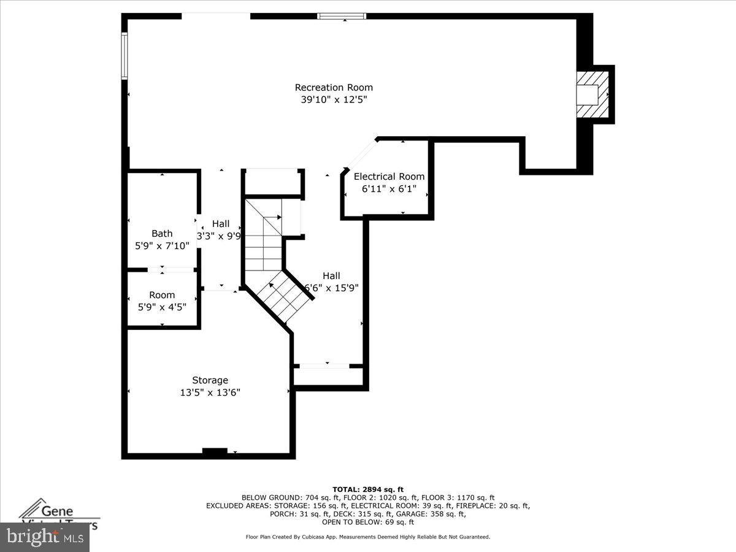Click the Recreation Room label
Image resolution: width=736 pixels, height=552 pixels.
pyautogui.click(x=334, y=88)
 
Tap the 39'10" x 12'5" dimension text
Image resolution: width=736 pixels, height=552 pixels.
pyautogui.click(x=334, y=100)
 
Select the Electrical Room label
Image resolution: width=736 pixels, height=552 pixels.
pyautogui.click(x=389, y=177)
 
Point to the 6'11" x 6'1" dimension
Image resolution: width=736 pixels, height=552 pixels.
pyautogui.click(x=389, y=189)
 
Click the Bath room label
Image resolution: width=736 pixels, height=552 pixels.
pyautogui.click(x=162, y=234)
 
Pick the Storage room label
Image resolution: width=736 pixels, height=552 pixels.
pyautogui.click(x=210, y=380)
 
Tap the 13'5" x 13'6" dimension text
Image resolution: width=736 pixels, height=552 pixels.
pyautogui.click(x=210, y=393)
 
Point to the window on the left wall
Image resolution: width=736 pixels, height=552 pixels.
pyautogui.click(x=124, y=56)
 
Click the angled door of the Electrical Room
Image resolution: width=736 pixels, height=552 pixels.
pyautogui.click(x=361, y=155)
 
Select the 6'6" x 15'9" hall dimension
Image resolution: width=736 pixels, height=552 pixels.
pyautogui.click(x=332, y=288)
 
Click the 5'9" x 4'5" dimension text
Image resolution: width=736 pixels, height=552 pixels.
pyautogui.click(x=162, y=307)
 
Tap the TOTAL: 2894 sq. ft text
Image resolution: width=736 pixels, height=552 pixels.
pyautogui.click(x=368, y=489)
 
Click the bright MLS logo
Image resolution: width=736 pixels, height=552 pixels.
pyautogui.click(x=44, y=537)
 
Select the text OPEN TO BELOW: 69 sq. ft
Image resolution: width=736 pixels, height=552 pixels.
pyautogui.click(x=368, y=523)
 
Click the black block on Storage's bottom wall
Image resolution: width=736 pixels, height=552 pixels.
pyautogui.click(x=215, y=452)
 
